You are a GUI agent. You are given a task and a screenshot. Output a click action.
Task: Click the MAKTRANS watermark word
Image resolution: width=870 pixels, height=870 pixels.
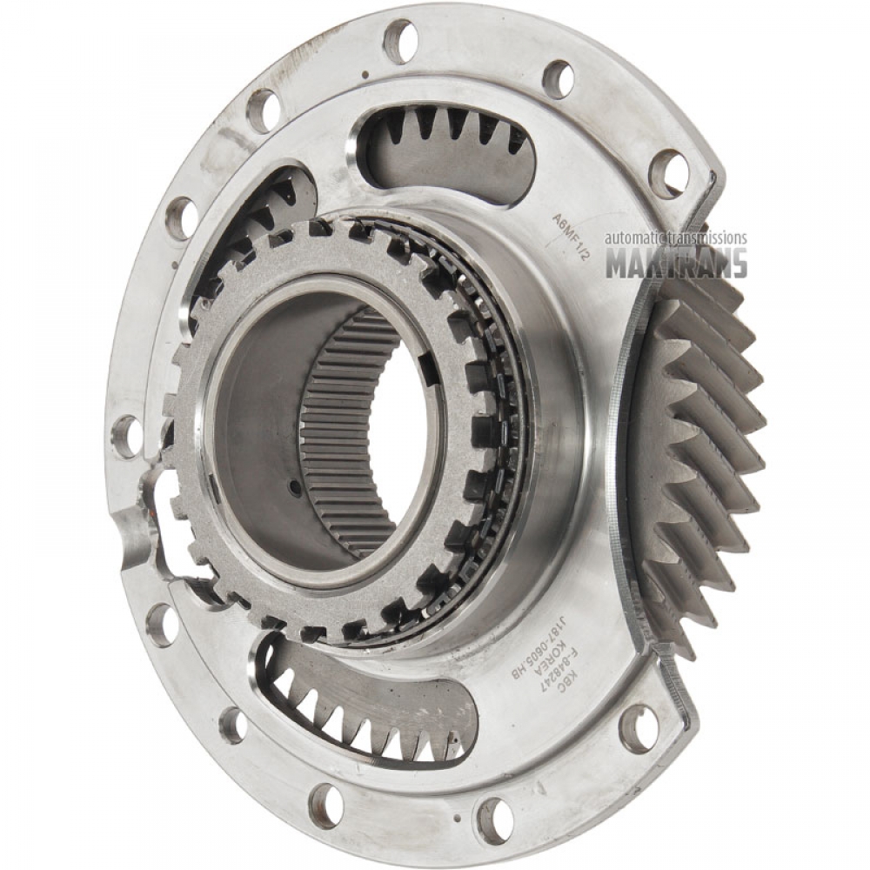point(676,263)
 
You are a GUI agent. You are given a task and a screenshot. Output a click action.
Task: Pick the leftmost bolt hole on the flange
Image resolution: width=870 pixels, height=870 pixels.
point(127,435)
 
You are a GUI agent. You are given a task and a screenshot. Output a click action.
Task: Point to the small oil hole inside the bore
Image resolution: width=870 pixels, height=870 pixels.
point(295,488)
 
